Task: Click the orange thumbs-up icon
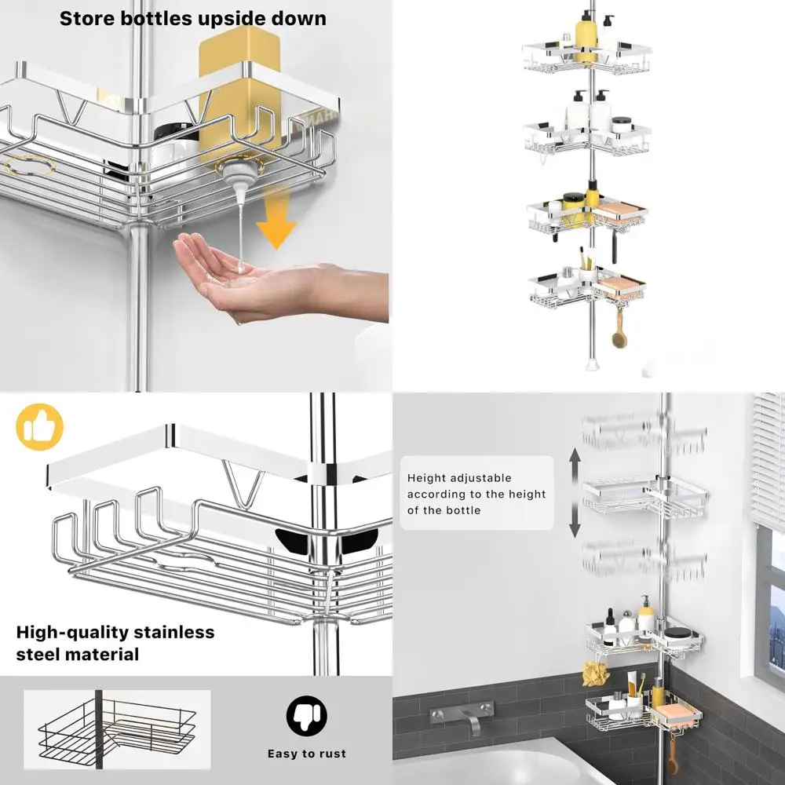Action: tap(39, 426)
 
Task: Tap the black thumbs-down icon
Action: tap(306, 715)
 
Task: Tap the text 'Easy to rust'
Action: tap(306, 754)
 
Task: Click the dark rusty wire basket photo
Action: tap(117, 729)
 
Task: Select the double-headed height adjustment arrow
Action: tap(575, 493)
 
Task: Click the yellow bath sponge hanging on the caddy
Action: tap(595, 674)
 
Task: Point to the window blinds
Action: tap(769, 461)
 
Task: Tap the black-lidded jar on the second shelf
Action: tap(621, 125)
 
